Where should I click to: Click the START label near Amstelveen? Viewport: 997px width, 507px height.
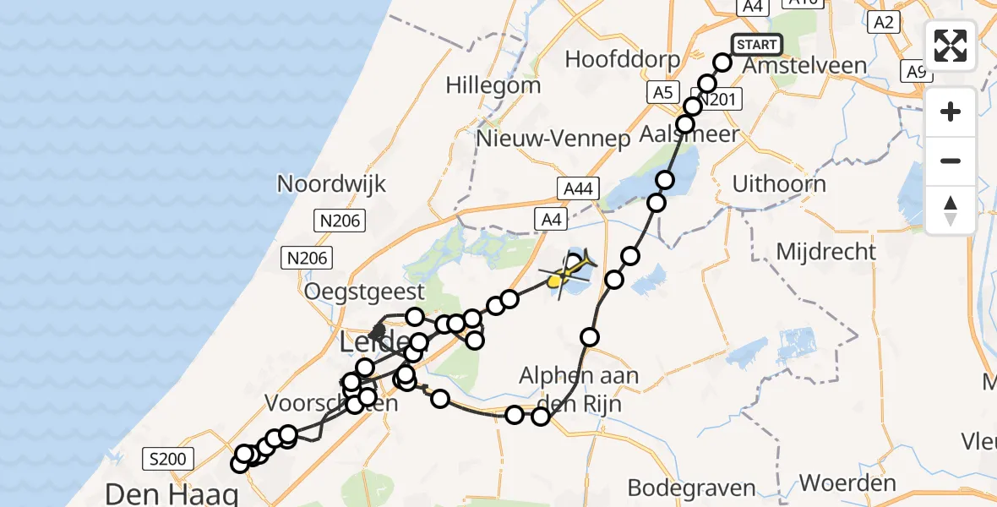click(x=756, y=45)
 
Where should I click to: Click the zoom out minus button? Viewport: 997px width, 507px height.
click(x=951, y=161)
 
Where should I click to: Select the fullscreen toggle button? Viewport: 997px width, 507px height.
click(x=951, y=45)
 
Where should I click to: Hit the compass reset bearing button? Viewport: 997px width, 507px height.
click(x=951, y=210)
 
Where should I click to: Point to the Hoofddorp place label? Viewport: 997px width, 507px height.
click(x=624, y=59)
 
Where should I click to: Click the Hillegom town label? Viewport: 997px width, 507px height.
click(x=493, y=85)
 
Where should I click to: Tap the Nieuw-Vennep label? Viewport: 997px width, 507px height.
click(x=553, y=139)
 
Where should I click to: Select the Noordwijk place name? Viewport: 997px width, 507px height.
click(x=332, y=183)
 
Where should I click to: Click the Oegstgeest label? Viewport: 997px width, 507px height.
click(x=365, y=292)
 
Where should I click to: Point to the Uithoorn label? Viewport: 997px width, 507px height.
click(x=779, y=183)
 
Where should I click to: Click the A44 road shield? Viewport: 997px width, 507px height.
click(x=578, y=189)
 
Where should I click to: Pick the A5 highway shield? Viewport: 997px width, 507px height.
click(x=662, y=92)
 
